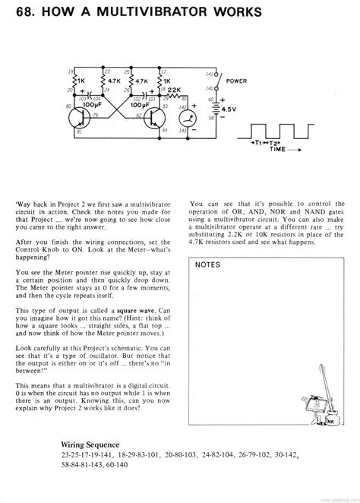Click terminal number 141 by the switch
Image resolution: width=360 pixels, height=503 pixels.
click(x=210, y=74)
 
